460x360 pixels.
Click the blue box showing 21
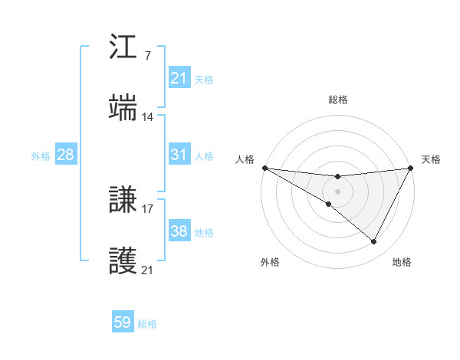tap(179, 78)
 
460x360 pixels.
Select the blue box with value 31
tap(179, 155)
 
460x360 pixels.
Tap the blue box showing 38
tap(179, 231)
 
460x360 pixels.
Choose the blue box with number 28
tap(66, 155)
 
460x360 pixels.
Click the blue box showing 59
tap(123, 323)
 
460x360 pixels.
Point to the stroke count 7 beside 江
tap(147, 56)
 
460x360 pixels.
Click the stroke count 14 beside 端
tap(148, 116)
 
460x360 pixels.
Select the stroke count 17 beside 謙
tap(148, 208)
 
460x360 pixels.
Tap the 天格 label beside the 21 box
tap(204, 79)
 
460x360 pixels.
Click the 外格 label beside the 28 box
tap(41, 155)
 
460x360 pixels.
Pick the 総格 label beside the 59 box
tap(147, 324)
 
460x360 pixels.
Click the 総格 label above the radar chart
tap(337, 100)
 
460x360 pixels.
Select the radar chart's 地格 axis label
tap(402, 262)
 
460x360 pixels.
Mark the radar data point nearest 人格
tap(264, 168)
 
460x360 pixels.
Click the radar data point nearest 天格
tap(411, 168)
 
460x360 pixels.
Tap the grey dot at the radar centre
tap(337, 191)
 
